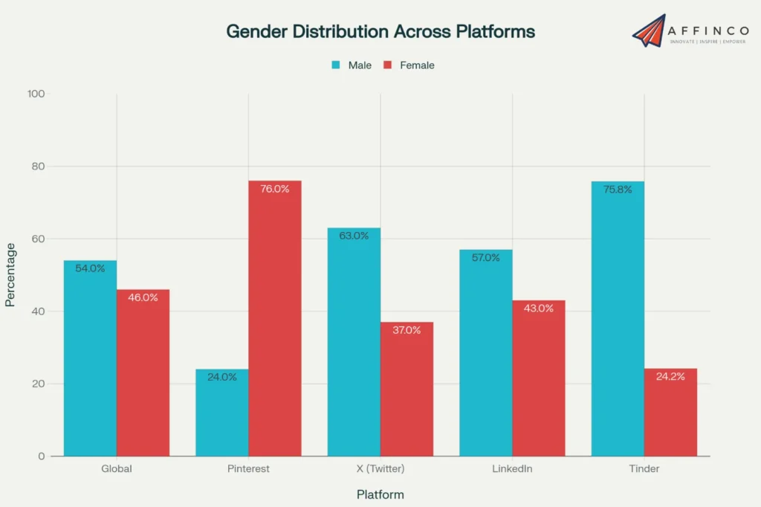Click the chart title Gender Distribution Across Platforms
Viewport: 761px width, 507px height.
(x=380, y=32)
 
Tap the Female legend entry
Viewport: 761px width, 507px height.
(x=409, y=65)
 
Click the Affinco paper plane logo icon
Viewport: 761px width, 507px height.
(x=649, y=30)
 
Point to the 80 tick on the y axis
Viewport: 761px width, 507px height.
(x=36, y=167)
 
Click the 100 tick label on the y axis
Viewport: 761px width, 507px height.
(x=36, y=94)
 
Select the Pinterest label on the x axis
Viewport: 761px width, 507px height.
(x=248, y=469)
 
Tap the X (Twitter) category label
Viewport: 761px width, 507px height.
(x=380, y=469)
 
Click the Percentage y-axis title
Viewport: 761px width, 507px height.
(x=10, y=274)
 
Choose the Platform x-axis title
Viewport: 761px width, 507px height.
(x=380, y=494)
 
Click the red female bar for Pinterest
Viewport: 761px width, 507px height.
(x=275, y=320)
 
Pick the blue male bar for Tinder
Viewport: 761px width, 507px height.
(x=618, y=320)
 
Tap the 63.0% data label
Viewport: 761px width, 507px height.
(x=354, y=236)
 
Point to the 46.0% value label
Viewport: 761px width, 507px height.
(x=143, y=297)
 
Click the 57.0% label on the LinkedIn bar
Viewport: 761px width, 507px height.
(x=486, y=258)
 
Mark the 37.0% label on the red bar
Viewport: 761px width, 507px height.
(x=407, y=330)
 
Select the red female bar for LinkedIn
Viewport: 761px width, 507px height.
(x=539, y=379)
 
